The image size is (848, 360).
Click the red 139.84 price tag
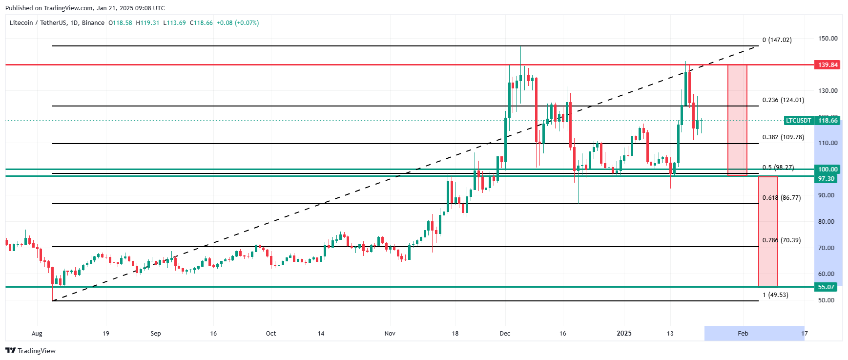827,64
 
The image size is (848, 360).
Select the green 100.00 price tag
827,169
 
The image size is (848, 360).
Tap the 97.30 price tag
826,179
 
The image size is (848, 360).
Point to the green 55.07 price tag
826,287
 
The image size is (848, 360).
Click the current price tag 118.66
827,121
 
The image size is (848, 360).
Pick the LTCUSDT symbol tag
798,121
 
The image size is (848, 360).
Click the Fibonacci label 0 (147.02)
777,40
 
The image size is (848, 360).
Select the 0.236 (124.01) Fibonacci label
783,100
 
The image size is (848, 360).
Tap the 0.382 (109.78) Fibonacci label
783,137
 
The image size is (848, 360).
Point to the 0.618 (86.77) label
782,198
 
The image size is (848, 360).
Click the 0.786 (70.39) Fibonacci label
782,240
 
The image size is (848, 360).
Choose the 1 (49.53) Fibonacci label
775,295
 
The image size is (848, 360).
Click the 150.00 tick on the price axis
827,39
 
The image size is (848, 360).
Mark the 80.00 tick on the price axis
826,222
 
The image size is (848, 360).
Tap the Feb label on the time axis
743,334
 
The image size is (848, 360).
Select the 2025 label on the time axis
624,334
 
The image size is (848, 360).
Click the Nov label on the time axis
390,334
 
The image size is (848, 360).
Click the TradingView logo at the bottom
31,351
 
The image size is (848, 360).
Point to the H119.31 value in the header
147,23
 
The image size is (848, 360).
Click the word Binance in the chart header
93,23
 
